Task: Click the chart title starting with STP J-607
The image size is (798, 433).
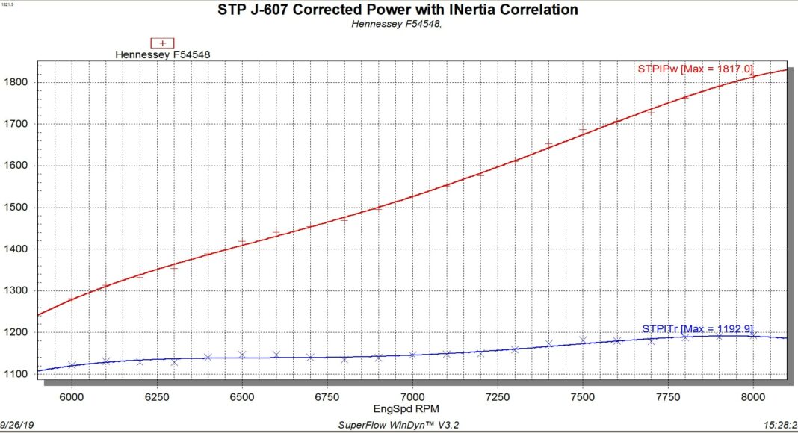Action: (398, 10)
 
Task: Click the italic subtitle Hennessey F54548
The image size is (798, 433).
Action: (397, 24)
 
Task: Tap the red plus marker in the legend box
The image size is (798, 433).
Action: (162, 43)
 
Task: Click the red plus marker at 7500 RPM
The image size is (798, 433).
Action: (583, 130)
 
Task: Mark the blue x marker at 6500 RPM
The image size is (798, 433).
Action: (242, 355)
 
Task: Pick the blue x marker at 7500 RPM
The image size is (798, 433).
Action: (583, 340)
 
